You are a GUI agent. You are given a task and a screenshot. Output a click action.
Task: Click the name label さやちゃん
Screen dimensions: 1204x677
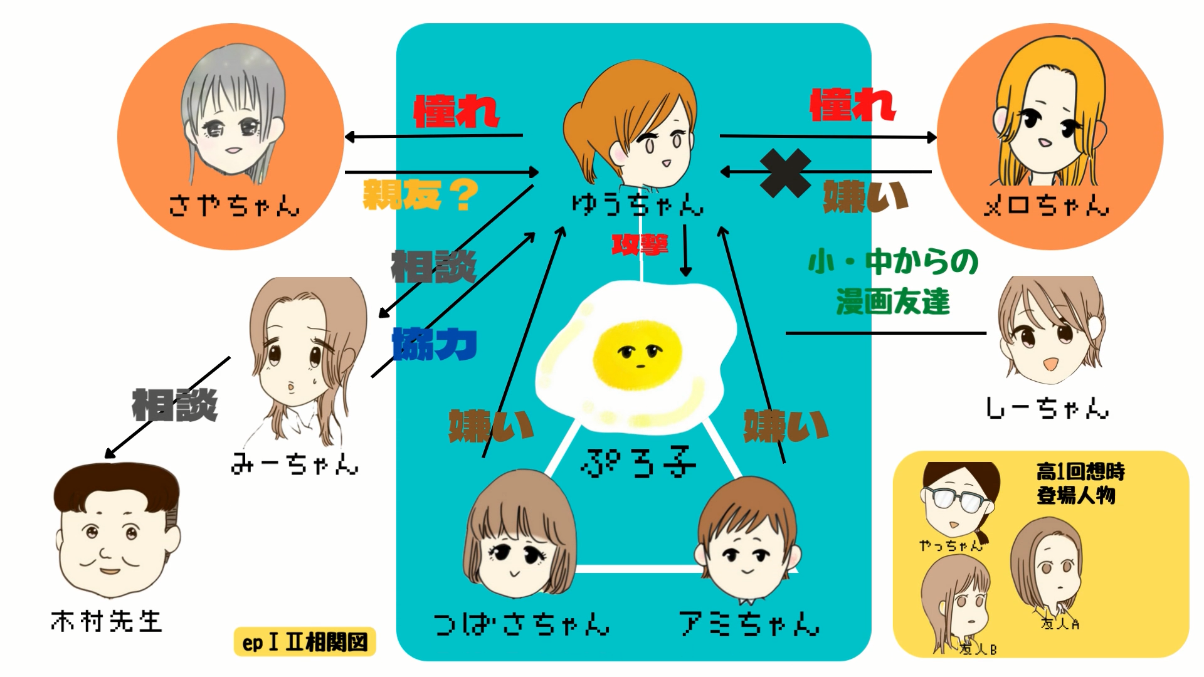[234, 205]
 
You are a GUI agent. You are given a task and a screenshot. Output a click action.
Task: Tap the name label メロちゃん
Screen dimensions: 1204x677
[1046, 205]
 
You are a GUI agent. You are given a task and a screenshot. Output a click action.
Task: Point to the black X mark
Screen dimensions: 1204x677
[785, 174]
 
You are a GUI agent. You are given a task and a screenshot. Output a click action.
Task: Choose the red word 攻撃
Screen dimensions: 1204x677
[640, 244]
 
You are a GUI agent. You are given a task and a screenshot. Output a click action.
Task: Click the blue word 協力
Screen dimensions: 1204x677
[434, 344]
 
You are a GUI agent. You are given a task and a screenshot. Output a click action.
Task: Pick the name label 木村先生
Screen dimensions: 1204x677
[107, 621]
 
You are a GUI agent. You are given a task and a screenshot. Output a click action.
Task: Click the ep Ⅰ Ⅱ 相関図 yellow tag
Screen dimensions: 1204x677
[305, 642]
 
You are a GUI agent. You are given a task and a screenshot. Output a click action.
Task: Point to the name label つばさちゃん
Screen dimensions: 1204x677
[521, 624]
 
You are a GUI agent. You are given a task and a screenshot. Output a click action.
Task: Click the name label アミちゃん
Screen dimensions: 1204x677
[749, 624]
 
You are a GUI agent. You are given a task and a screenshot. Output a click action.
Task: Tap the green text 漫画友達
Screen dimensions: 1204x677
[893, 302]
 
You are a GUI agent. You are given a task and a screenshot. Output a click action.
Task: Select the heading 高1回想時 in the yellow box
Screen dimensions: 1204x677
[1080, 471]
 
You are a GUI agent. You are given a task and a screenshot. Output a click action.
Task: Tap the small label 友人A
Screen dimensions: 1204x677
[1060, 624]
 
